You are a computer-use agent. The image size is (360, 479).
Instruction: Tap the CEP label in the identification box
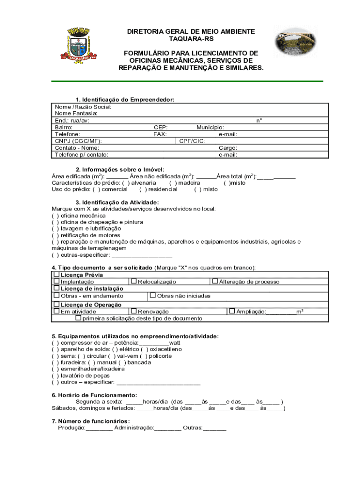click(161, 127)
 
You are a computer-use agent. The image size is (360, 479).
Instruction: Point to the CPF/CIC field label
click(192, 141)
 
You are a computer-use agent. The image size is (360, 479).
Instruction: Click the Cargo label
click(228, 148)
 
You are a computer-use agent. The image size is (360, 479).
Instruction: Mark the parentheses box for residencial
click(143, 189)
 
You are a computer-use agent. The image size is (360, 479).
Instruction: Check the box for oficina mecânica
click(55, 216)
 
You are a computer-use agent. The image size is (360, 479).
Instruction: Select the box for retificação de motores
click(55, 235)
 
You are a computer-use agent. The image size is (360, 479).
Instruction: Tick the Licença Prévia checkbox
click(57, 275)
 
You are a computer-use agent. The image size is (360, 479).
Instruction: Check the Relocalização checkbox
click(134, 281)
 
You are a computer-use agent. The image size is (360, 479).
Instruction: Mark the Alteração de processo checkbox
click(215, 281)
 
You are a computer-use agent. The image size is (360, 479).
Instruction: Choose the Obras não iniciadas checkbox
click(153, 295)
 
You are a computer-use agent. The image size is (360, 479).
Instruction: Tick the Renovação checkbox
click(134, 311)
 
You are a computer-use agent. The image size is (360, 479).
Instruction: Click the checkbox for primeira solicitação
click(79, 318)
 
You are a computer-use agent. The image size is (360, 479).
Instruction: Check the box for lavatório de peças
click(55, 375)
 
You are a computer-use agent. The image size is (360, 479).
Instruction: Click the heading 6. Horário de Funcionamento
click(94, 395)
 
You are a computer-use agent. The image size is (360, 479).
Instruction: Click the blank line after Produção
click(99, 428)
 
